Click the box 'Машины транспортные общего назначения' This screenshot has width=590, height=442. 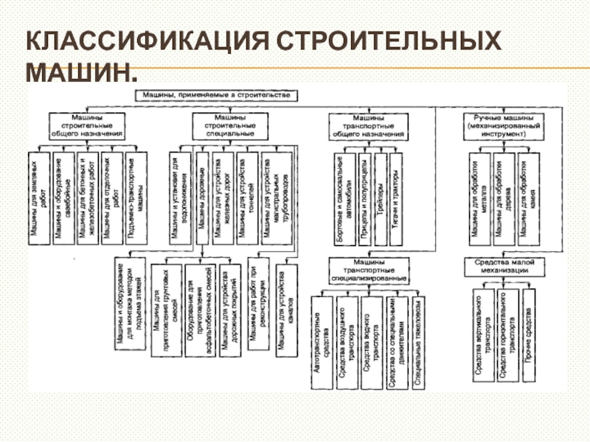click(367, 126)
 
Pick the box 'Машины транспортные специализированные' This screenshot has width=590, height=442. click(367, 270)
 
